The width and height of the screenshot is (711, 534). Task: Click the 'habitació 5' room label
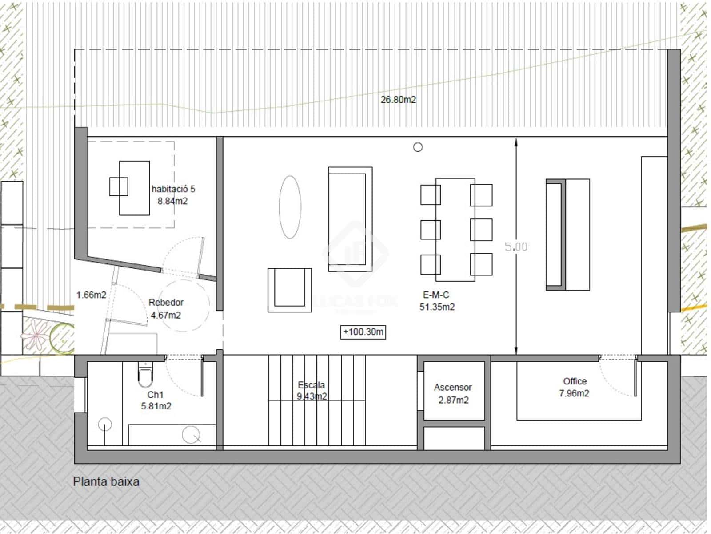pos(173,189)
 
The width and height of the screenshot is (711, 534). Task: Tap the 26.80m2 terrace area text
pos(398,100)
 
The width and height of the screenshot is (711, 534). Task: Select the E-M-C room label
pos(436,295)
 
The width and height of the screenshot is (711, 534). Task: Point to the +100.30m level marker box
pos(363,332)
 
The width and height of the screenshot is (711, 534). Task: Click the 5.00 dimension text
pos(516,247)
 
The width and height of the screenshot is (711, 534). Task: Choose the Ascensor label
pos(453,387)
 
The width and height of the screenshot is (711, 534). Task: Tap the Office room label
pos(575,381)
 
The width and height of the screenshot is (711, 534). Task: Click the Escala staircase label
pos(311,385)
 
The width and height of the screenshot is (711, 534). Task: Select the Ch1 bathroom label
pos(156,395)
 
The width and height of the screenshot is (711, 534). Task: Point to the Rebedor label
pos(166,303)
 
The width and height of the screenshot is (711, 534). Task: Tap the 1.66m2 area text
pos(91,295)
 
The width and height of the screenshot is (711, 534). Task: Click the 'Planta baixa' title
pos(106,481)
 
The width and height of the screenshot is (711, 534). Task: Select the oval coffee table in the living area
pos(290,207)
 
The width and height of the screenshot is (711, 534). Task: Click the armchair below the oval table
pos(289,290)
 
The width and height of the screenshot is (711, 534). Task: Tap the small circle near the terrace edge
pos(418,147)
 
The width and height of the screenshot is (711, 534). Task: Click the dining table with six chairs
pos(455,230)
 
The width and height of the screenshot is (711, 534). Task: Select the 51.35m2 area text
pos(437,307)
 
